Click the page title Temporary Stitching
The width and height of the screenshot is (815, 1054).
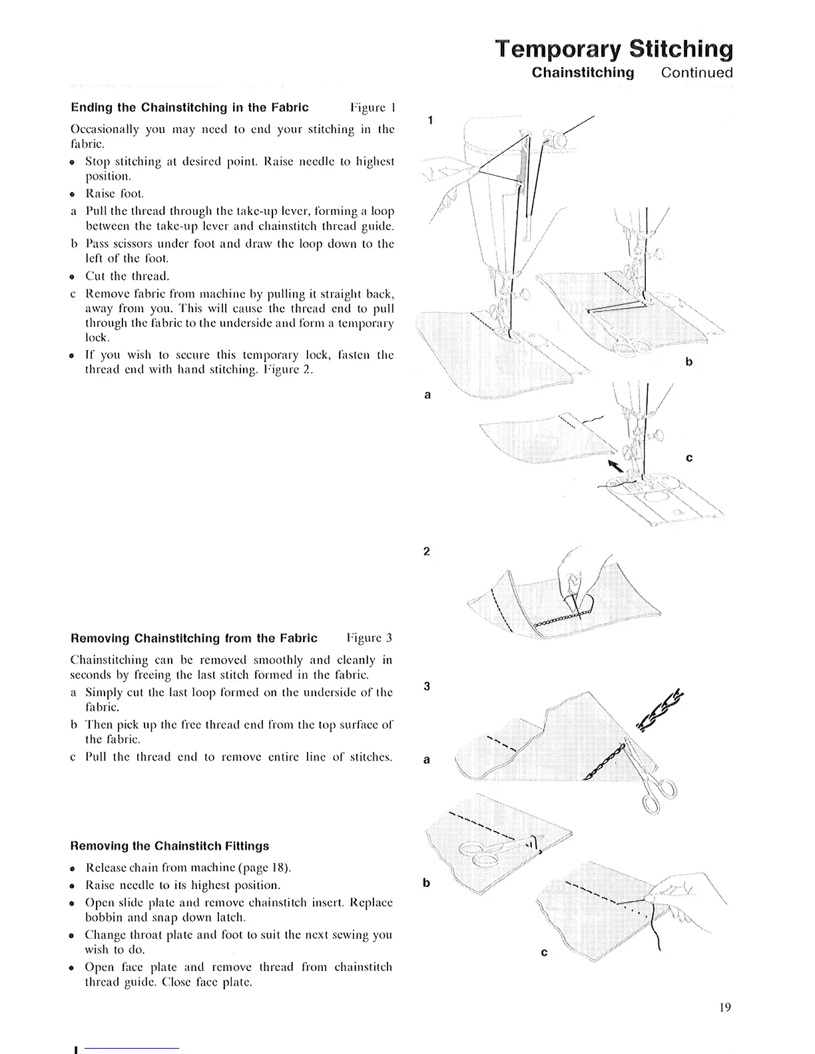[x=613, y=49]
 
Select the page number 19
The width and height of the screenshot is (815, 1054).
[x=725, y=1007]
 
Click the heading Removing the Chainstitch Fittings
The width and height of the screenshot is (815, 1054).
[x=170, y=846]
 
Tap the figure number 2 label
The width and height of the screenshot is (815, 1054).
[x=427, y=552]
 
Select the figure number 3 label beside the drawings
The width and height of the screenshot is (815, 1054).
[x=427, y=687]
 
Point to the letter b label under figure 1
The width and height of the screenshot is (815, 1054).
[x=689, y=363]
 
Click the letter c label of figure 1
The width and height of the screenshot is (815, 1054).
[x=689, y=458]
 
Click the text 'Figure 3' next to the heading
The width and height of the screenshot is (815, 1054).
[x=370, y=639]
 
